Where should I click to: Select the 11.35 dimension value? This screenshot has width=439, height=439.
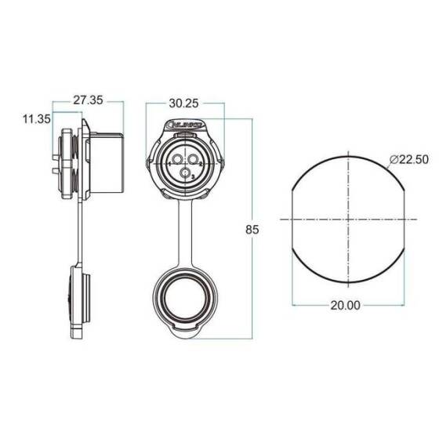point(36,119)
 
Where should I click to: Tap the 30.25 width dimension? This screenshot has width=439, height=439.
point(183,103)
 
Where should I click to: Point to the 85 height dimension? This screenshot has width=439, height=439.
point(252,230)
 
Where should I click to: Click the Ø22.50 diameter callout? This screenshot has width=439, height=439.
point(410,159)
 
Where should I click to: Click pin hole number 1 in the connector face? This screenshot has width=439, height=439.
point(174,163)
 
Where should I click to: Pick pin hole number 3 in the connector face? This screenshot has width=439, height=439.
point(185,174)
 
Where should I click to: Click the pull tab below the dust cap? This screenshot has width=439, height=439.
point(185,336)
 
